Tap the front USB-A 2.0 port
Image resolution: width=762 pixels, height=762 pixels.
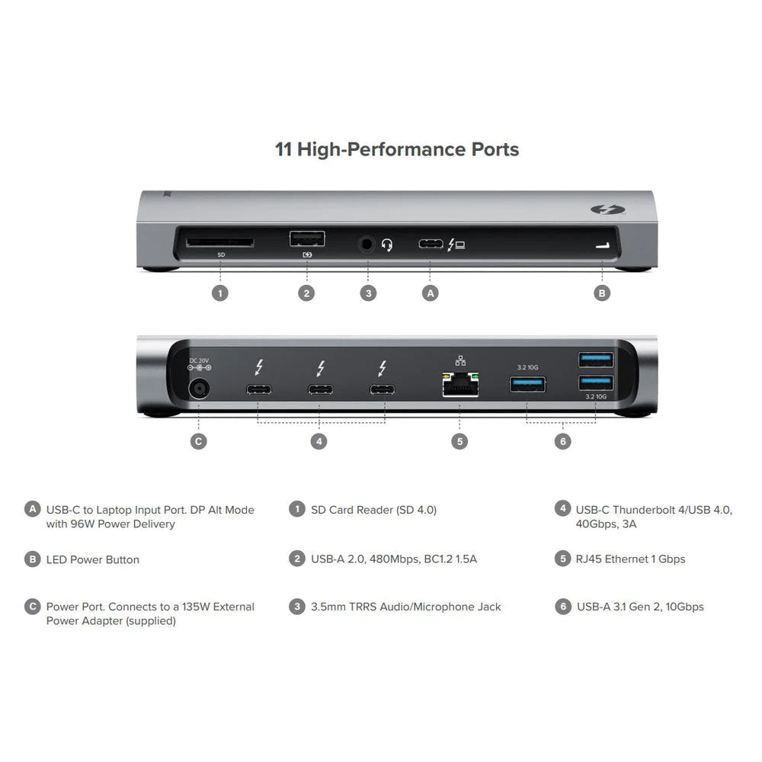[x=307, y=239]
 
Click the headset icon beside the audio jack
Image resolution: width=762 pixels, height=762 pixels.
[x=387, y=245]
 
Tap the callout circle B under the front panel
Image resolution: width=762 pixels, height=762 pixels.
[x=602, y=293]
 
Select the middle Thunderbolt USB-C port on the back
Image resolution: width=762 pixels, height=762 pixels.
[x=320, y=390]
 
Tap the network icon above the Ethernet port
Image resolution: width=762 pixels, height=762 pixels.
[x=459, y=360]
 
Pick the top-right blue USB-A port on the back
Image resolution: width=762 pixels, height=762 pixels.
[x=595, y=357]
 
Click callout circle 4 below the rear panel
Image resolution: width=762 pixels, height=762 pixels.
[x=320, y=441]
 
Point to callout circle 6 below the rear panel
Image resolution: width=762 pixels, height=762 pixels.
[x=562, y=441]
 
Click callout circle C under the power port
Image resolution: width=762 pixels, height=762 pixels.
[x=198, y=441]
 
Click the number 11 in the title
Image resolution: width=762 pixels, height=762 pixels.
[x=283, y=149]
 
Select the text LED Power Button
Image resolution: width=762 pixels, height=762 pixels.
[x=93, y=559]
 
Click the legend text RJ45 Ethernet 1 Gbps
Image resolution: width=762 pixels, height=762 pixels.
[x=630, y=559]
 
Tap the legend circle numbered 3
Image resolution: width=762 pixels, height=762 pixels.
[x=297, y=607]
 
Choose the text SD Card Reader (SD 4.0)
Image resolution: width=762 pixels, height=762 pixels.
[x=373, y=509]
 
